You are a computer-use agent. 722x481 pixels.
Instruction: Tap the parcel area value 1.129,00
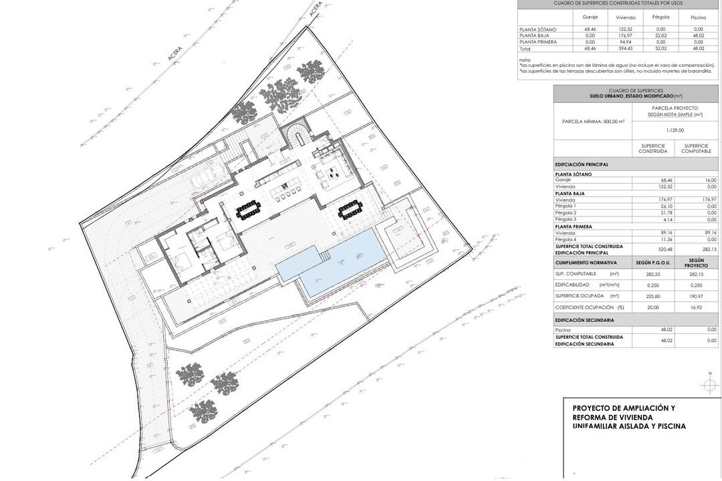(x=675, y=130)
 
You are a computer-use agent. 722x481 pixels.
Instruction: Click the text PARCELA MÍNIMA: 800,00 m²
(x=593, y=121)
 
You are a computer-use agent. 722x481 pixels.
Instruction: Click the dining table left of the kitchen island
(x=250, y=211)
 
